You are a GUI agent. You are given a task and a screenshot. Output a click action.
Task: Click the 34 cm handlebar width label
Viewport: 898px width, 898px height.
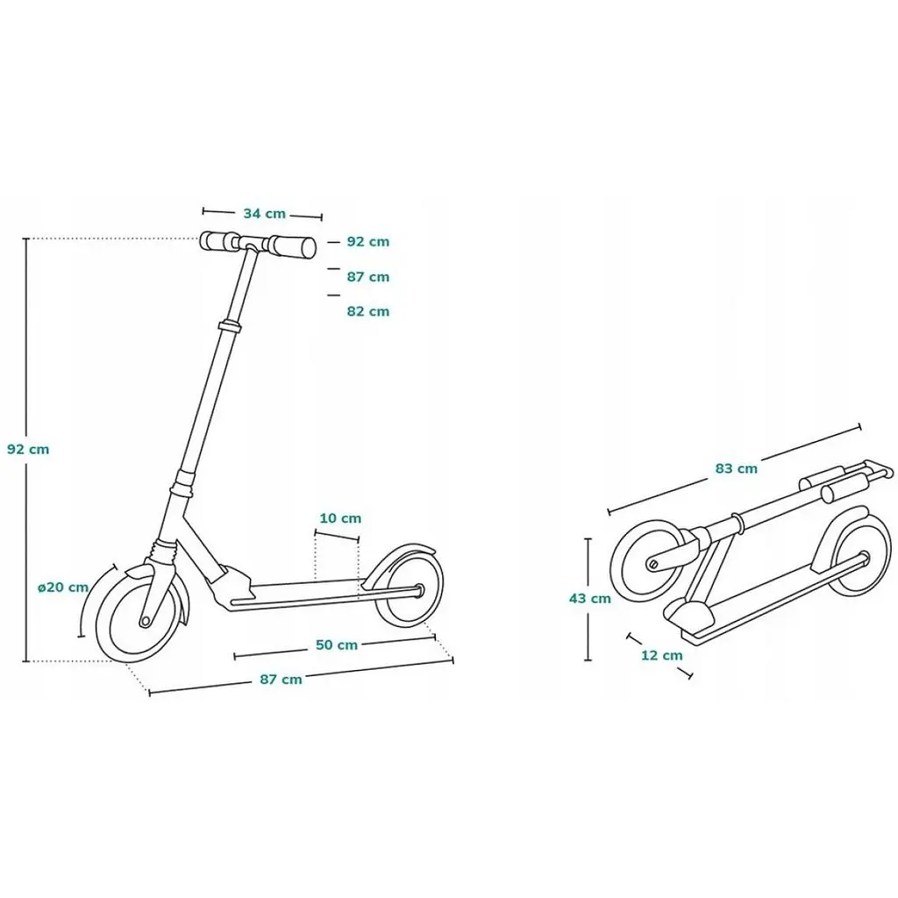[264, 214]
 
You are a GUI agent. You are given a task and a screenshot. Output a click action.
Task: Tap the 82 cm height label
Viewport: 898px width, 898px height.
[367, 311]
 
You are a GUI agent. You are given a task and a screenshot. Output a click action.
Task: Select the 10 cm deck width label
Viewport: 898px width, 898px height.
[340, 518]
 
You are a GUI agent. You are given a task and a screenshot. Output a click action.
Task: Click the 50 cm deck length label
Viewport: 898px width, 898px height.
[337, 645]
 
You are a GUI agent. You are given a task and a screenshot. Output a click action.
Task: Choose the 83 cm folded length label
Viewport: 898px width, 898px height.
[736, 468]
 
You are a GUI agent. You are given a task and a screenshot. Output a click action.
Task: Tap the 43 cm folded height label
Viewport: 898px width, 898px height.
[590, 598]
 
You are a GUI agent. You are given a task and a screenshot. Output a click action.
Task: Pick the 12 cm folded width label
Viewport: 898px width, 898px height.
[661, 655]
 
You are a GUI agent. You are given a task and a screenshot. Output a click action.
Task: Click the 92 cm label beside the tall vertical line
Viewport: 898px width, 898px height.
[28, 450]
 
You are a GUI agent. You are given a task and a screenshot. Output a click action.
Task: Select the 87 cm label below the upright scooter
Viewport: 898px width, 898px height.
[281, 680]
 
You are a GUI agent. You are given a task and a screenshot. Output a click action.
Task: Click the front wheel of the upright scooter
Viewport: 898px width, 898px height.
[139, 615]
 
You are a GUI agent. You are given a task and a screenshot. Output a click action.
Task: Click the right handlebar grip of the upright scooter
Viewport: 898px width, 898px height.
[292, 246]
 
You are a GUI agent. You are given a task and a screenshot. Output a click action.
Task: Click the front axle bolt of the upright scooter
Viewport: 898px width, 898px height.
[146, 621]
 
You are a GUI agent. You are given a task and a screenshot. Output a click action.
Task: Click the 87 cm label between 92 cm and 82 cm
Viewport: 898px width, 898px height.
[367, 277]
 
